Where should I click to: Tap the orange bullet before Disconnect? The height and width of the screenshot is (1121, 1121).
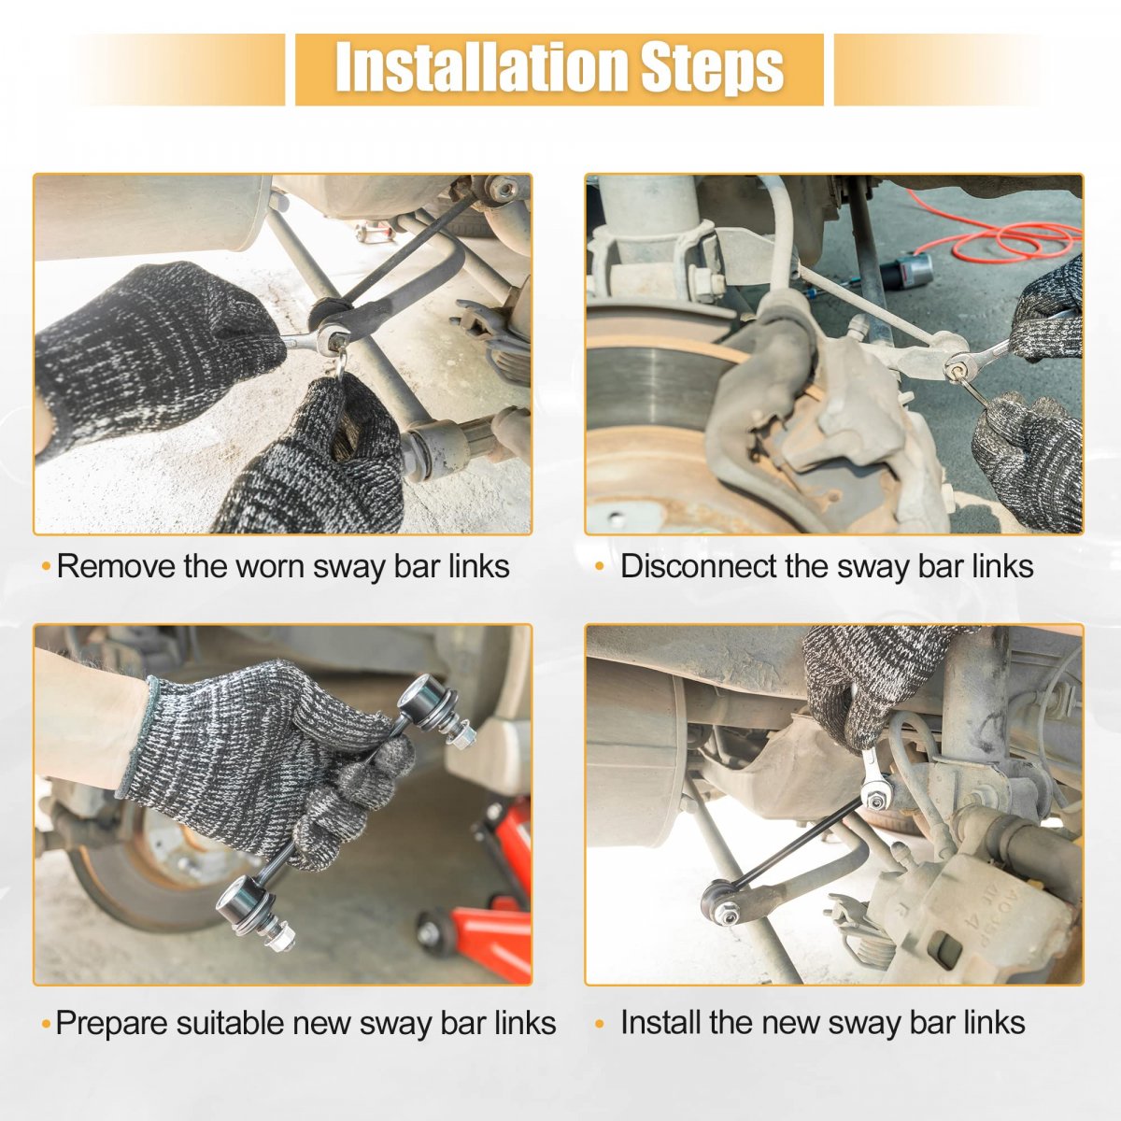pos(600,567)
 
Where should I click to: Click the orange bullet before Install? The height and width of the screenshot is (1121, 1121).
pos(600,1024)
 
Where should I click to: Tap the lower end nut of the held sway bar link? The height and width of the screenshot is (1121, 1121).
pos(281,938)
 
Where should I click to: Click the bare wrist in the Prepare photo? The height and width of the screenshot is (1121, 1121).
pos(87,721)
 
